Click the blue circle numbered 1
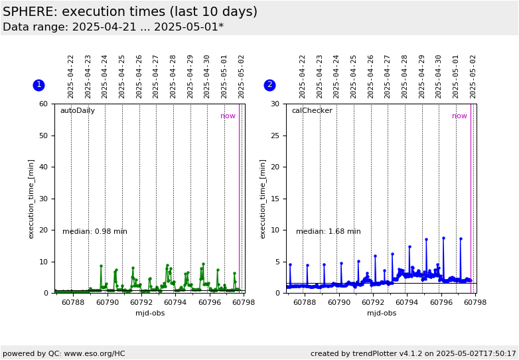click(38, 85)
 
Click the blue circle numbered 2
click(269, 85)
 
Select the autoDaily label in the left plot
click(78, 111)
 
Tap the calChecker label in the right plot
click(312, 111)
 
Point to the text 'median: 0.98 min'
click(95, 231)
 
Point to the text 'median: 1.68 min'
click(328, 231)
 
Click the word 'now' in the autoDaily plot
click(228, 116)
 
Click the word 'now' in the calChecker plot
click(459, 116)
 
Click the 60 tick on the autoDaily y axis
click(43, 104)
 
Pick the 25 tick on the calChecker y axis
click(275, 135)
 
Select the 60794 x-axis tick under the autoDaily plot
click(174, 302)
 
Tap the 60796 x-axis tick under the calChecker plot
click(440, 302)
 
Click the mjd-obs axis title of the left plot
click(150, 313)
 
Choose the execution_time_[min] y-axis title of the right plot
click(262, 199)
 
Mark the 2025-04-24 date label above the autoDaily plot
click(105, 77)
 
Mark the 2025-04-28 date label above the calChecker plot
click(404, 77)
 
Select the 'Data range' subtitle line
click(113, 27)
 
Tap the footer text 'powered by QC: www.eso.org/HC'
click(64, 354)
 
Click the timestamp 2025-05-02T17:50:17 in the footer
click(476, 354)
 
